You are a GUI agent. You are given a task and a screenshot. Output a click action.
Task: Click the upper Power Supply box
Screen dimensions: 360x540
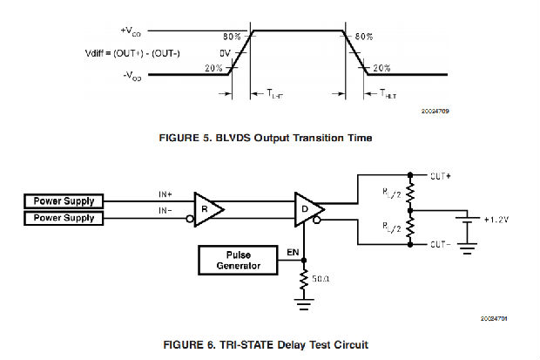tap(64, 201)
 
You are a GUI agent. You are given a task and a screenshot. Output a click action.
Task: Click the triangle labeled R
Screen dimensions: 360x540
tap(206, 209)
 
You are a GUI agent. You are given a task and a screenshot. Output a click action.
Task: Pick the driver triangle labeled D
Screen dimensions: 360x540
tap(307, 209)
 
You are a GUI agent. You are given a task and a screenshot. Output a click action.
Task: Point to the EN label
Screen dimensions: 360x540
tap(294, 252)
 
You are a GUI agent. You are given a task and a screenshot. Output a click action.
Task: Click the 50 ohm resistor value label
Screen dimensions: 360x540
tap(321, 279)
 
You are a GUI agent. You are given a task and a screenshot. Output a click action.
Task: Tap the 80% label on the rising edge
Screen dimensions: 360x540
tap(232, 37)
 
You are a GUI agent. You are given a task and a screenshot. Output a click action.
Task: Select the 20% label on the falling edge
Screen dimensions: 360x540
tap(381, 67)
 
